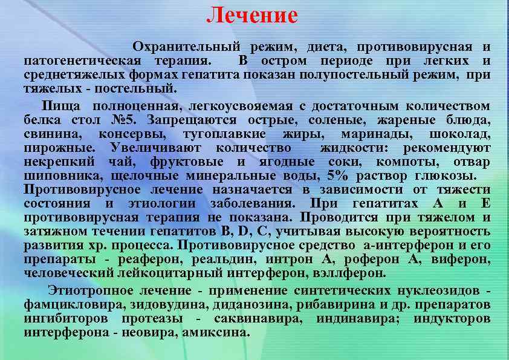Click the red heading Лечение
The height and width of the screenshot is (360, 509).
[x=252, y=16]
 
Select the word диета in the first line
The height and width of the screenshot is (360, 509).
[x=326, y=47]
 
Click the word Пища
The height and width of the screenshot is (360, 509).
[x=56, y=107]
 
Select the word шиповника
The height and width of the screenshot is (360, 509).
[x=57, y=175]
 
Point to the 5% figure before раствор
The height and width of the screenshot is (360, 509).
[x=339, y=175]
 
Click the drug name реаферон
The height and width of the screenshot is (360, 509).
[x=151, y=259]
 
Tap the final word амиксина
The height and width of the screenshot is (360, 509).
[x=216, y=332]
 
